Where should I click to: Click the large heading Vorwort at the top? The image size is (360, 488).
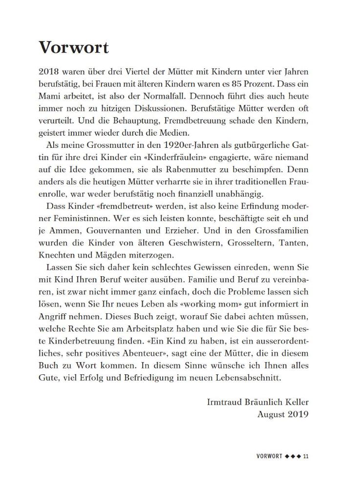pos(73,47)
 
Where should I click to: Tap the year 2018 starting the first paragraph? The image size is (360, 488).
pos(49,72)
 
